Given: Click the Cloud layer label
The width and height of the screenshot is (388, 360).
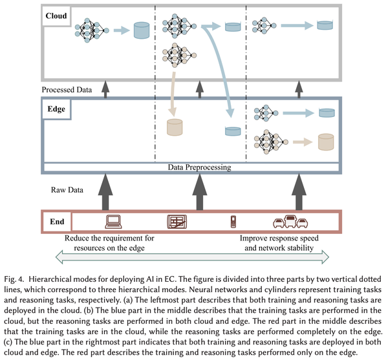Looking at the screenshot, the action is [56, 16].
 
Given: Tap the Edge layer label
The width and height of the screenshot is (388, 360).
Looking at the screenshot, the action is [56, 109].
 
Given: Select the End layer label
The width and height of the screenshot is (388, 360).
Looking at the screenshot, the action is [57, 222].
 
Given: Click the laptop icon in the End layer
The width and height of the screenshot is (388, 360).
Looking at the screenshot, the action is [113, 222].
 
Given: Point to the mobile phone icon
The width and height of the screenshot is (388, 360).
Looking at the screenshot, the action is [233, 222].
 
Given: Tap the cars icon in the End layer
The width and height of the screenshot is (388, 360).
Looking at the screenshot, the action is [290, 221].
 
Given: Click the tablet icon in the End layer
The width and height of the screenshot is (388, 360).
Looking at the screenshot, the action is [177, 222].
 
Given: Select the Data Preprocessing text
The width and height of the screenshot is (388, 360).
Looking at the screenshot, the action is [199, 167].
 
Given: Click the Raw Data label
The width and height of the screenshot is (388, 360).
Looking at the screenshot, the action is [67, 190].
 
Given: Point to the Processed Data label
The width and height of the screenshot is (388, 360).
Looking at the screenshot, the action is [67, 89].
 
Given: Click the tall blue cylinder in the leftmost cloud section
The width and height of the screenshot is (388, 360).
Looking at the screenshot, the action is [142, 30].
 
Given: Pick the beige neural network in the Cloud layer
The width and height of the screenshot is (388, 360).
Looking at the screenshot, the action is [179, 55].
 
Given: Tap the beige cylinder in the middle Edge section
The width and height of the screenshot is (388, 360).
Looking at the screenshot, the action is [175, 127].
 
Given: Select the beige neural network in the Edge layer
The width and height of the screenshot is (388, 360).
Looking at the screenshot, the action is [271, 142].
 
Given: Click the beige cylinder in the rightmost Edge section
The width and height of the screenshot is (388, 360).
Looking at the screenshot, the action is [326, 142].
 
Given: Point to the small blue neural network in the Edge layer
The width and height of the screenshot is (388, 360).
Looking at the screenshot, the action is [266, 113].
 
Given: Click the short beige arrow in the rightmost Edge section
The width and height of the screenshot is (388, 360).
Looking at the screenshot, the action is [303, 142].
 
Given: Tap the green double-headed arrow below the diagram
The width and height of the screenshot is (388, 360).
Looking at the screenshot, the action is [192, 257].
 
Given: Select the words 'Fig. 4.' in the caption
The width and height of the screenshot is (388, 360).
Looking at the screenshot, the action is [14, 279].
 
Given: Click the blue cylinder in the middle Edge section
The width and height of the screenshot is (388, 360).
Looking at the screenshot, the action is [233, 131].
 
